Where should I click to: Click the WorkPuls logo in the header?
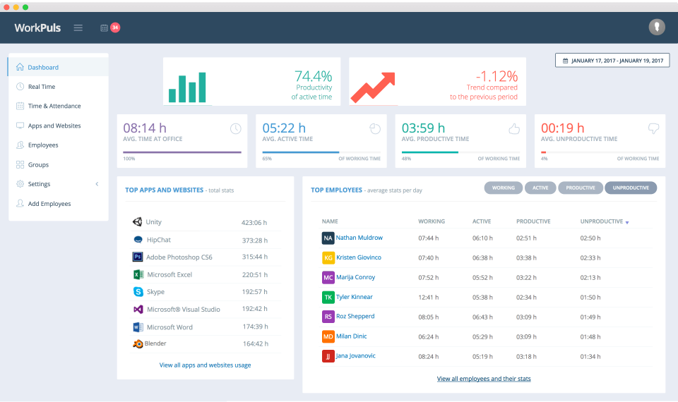pyautogui.click(x=37, y=28)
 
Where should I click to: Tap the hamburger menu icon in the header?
pyautogui.click(x=78, y=28)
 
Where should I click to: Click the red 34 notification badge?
pyautogui.click(x=114, y=28)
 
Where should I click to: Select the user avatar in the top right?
pyautogui.click(x=657, y=28)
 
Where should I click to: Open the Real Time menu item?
pyautogui.click(x=41, y=87)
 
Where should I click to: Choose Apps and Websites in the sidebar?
pyautogui.click(x=54, y=126)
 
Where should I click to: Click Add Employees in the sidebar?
pyautogui.click(x=49, y=204)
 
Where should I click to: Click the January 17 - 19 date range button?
pyautogui.click(x=612, y=61)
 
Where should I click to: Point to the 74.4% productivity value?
pyautogui.click(x=313, y=76)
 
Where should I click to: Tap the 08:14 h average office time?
pyautogui.click(x=145, y=128)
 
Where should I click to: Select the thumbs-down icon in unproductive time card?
pyautogui.click(x=653, y=128)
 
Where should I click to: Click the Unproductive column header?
pyautogui.click(x=602, y=221)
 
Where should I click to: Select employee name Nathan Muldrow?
pyautogui.click(x=359, y=238)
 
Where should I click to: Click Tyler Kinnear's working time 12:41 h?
pyautogui.click(x=428, y=297)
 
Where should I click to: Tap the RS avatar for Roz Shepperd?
pyautogui.click(x=328, y=317)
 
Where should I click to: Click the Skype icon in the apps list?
pyautogui.click(x=138, y=291)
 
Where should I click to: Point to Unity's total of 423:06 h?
pyautogui.click(x=254, y=222)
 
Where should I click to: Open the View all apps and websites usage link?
pyautogui.click(x=205, y=365)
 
